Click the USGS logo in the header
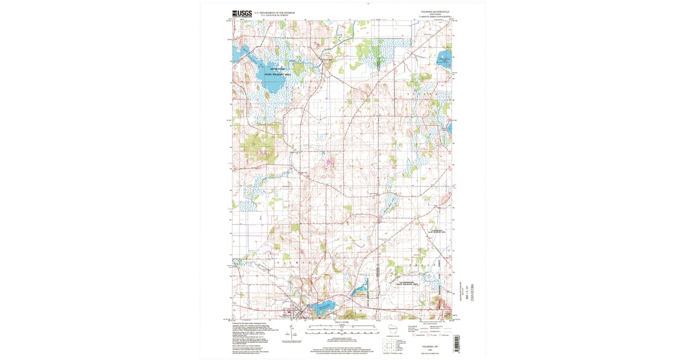241,13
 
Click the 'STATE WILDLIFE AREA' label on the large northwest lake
277,74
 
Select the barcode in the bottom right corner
456,342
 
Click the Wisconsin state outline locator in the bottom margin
392,330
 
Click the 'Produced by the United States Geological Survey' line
249,323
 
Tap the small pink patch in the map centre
330,163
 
